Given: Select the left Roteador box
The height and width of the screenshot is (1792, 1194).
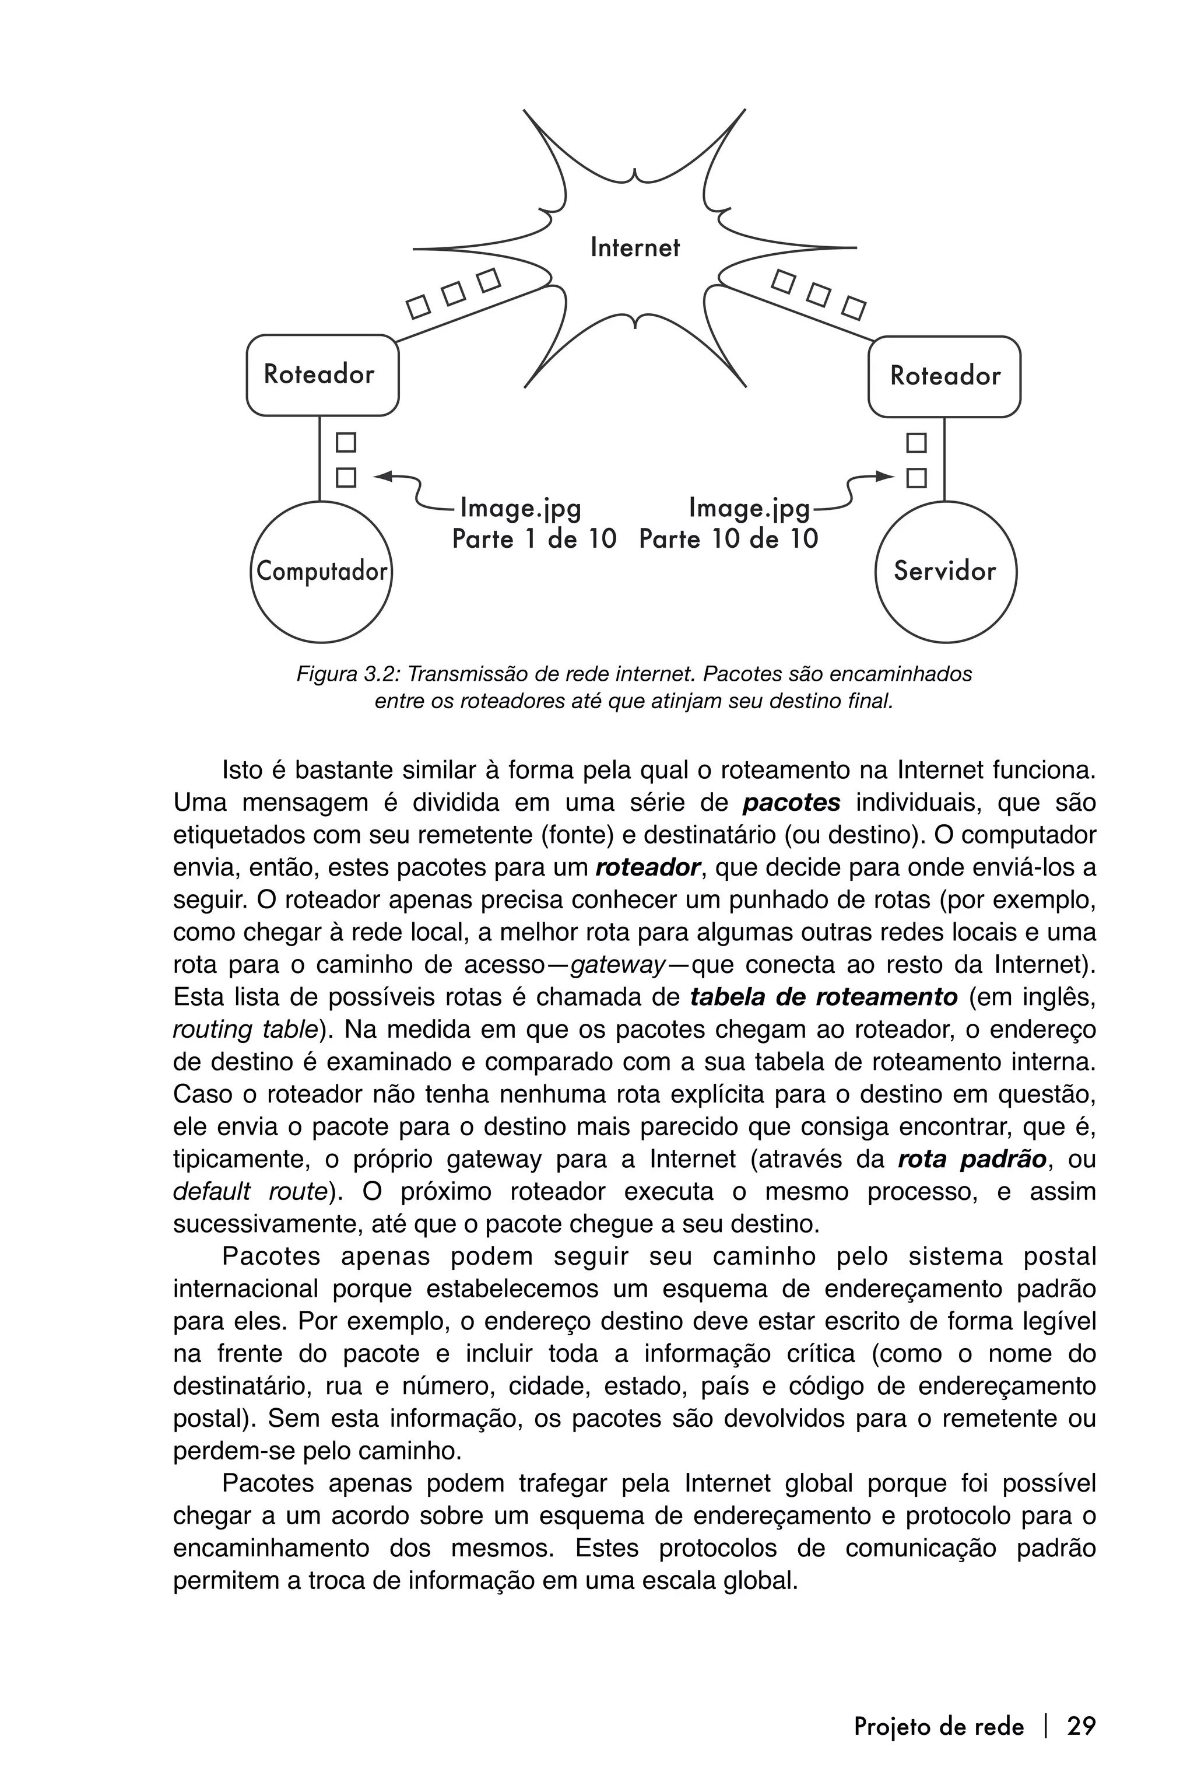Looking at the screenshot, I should (322, 375).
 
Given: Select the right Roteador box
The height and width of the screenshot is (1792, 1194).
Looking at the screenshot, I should (944, 376).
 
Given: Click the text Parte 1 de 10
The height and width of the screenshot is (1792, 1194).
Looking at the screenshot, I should (534, 540).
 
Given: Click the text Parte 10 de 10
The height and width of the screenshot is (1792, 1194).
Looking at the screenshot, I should (728, 540).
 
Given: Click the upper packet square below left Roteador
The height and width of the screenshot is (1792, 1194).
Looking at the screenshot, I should (346, 443).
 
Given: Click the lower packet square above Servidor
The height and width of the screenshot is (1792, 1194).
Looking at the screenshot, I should (917, 478).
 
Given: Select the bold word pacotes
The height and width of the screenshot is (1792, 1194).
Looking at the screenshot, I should (791, 803).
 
